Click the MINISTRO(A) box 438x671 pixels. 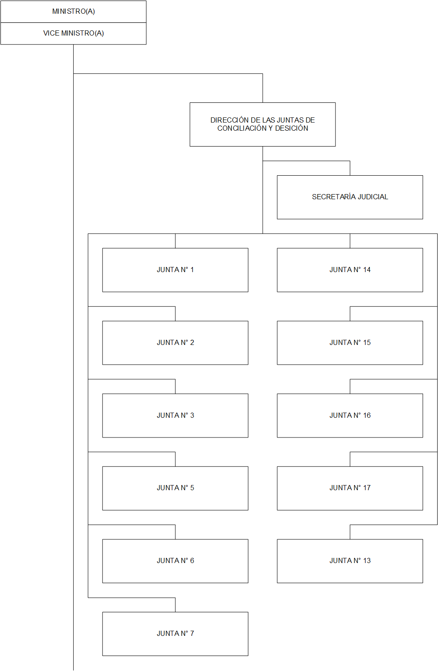[73, 12]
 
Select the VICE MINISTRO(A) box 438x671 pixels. [73, 33]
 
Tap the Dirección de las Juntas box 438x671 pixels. [262, 124]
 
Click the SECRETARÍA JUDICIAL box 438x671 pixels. [350, 197]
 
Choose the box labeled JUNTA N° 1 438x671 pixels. [175, 270]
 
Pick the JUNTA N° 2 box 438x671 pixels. [175, 343]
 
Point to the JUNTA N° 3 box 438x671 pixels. [175, 416]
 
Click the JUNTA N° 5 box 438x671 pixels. [175, 488]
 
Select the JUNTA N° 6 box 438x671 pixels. [175, 561]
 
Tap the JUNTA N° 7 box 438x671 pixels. [175, 634]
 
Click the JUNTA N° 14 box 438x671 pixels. [350, 270]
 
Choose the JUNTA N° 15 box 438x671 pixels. [350, 343]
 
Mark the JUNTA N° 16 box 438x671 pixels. [350, 416]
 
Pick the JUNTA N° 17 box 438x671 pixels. [350, 488]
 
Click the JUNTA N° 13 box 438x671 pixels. [350, 561]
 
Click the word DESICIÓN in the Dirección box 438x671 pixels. [291, 128]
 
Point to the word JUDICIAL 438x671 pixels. [373, 197]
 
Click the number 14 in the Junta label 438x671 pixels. [367, 270]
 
